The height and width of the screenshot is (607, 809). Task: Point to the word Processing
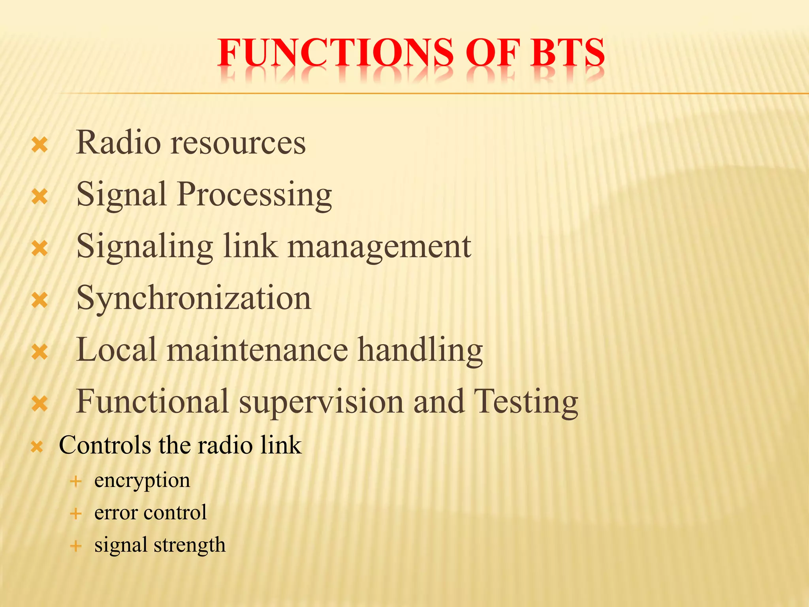(254, 195)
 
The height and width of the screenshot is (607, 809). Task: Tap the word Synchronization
(194, 299)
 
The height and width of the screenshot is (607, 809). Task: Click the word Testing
(526, 402)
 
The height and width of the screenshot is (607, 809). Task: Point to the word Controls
(105, 445)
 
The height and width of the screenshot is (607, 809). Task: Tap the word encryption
(142, 481)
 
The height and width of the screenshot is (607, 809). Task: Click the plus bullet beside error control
(75, 514)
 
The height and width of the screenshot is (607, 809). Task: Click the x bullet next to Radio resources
(40, 145)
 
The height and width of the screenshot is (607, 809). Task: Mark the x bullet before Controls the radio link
(37, 447)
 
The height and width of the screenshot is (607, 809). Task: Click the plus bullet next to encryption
(75, 481)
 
